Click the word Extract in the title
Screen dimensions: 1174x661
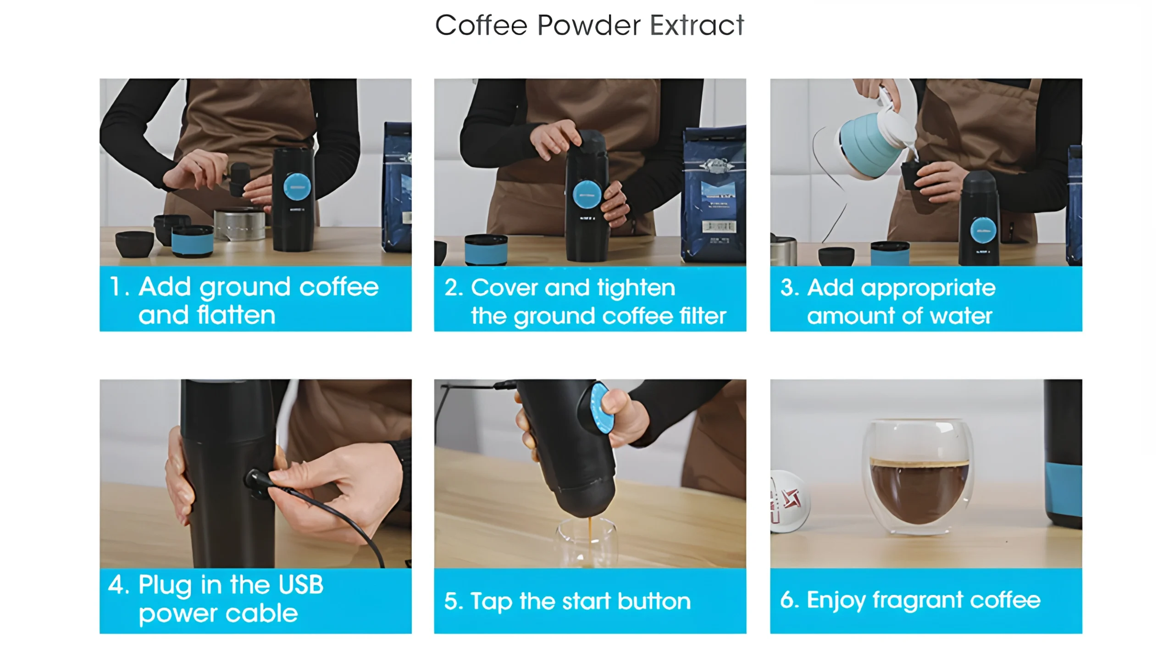(697, 25)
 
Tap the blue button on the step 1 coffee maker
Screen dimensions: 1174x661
(297, 187)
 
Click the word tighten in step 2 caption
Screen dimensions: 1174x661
(637, 288)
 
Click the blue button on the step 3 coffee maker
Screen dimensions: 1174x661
(983, 230)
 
